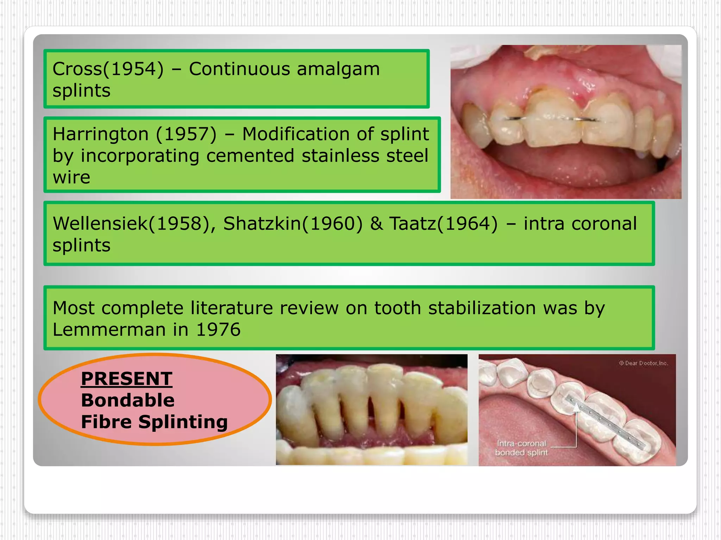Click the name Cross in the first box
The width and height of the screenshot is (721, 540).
pyautogui.click(x=77, y=69)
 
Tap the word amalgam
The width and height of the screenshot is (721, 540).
pyautogui.click(x=338, y=69)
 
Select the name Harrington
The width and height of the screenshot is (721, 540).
pyautogui.click(x=100, y=134)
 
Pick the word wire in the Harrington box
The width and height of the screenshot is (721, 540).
pyautogui.click(x=71, y=177)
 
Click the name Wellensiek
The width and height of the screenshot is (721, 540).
pyautogui.click(x=100, y=224)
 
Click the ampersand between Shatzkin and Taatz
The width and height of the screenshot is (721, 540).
pyautogui.click(x=376, y=224)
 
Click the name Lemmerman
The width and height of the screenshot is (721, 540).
pyautogui.click(x=109, y=330)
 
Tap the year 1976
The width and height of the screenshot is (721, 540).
pyautogui.click(x=218, y=330)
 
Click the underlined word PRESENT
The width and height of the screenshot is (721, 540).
pyautogui.click(x=126, y=379)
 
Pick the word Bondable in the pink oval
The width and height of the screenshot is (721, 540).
pyautogui.click(x=127, y=400)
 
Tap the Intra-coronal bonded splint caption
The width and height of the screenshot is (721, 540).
pyautogui.click(x=521, y=448)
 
